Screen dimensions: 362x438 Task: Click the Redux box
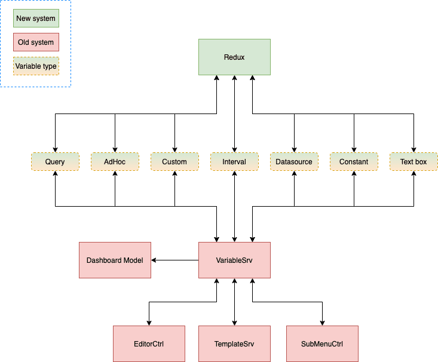point(234,57)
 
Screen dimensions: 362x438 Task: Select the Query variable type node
point(55,162)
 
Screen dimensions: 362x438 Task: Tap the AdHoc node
point(115,162)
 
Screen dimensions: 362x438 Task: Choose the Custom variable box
point(174,162)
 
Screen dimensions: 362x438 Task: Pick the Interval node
point(234,162)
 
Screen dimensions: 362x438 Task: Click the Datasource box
point(294,162)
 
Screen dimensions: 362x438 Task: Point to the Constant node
point(354,162)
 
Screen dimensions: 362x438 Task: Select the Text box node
point(414,162)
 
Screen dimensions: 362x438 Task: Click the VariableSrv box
point(234,260)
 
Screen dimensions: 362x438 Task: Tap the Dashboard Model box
point(115,260)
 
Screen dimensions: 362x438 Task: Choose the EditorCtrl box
point(149,344)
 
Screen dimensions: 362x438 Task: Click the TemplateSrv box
point(234,344)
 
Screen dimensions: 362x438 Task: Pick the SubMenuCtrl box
point(322,344)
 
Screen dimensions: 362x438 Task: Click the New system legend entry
point(36,19)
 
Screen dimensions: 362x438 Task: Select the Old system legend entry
point(36,42)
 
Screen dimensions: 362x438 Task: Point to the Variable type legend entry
point(36,66)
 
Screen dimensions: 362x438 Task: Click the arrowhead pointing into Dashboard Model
point(154,260)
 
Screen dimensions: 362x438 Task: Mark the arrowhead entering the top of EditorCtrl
point(149,323)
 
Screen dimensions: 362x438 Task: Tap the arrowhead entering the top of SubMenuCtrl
point(322,323)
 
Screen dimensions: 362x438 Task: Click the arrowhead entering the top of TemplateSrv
point(234,323)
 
